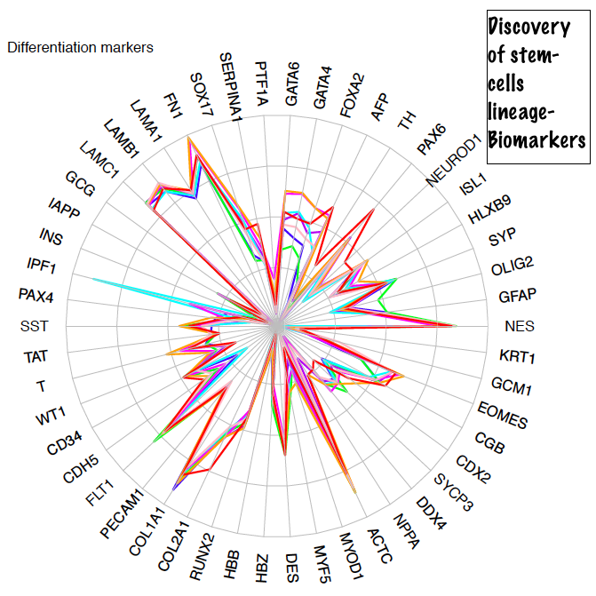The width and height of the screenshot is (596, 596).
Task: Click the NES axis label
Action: click(519, 326)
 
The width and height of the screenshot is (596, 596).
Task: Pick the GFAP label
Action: click(518, 295)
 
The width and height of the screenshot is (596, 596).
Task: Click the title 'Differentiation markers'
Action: click(80, 47)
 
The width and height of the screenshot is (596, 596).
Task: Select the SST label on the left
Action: click(34, 326)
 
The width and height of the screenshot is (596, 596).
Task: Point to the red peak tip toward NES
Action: click(456, 326)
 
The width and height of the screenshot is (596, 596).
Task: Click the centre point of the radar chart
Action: click(277, 326)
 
